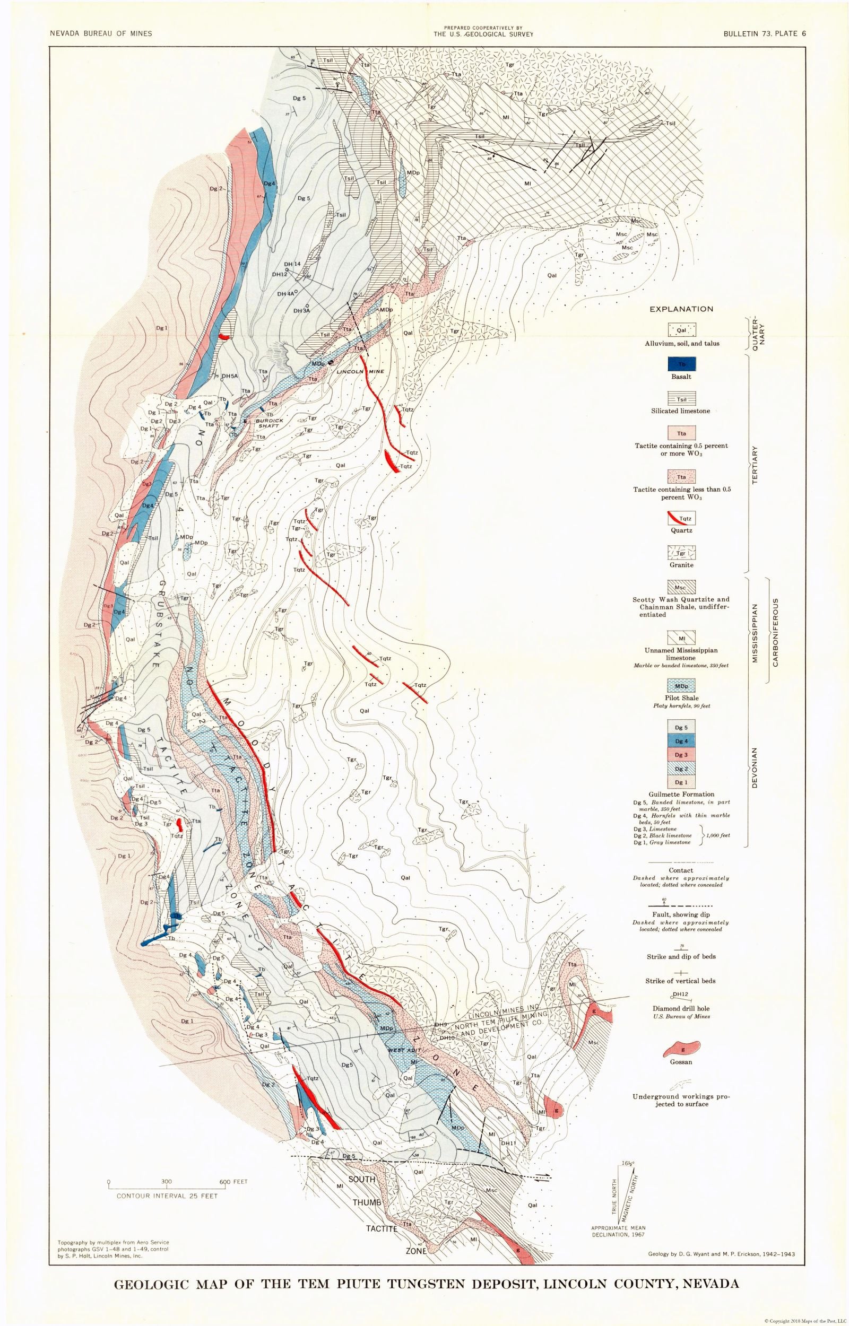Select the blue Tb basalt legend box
pos(681,364)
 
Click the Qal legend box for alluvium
pos(681,330)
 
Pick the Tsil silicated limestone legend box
pos(681,399)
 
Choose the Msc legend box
pos(681,586)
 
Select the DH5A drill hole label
pos(229,376)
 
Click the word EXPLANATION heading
pos(681,309)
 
